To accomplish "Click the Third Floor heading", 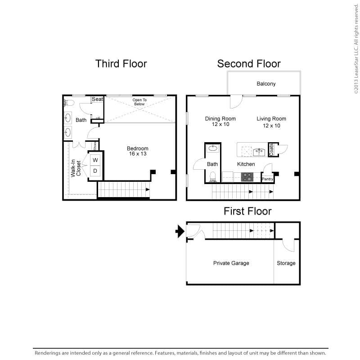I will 121,64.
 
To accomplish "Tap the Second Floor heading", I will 248,64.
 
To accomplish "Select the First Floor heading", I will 247,211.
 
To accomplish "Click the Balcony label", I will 266,84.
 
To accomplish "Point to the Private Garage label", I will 231,263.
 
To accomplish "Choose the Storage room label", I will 286,263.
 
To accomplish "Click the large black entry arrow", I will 180,231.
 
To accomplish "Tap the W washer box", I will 95,160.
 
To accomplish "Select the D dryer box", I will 95,171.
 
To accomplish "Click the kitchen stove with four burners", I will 247,177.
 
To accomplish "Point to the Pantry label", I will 268,179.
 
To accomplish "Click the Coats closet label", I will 271,150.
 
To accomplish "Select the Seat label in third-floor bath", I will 97,99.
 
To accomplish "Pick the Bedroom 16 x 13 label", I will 137,151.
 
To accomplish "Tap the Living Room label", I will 271,122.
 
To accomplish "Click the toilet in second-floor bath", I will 213,176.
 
